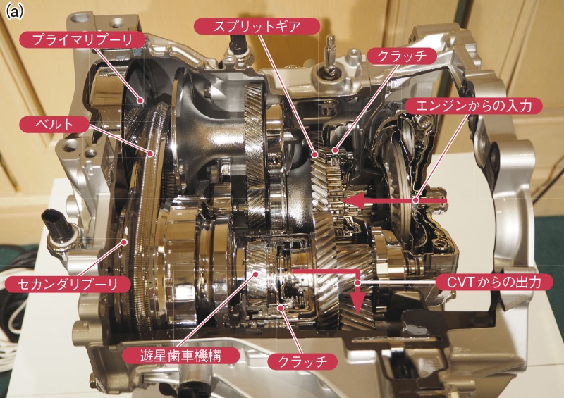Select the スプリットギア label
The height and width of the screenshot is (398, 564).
point(238,27)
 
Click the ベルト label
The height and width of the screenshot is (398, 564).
point(54,124)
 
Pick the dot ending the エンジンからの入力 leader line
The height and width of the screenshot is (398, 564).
point(416,201)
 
